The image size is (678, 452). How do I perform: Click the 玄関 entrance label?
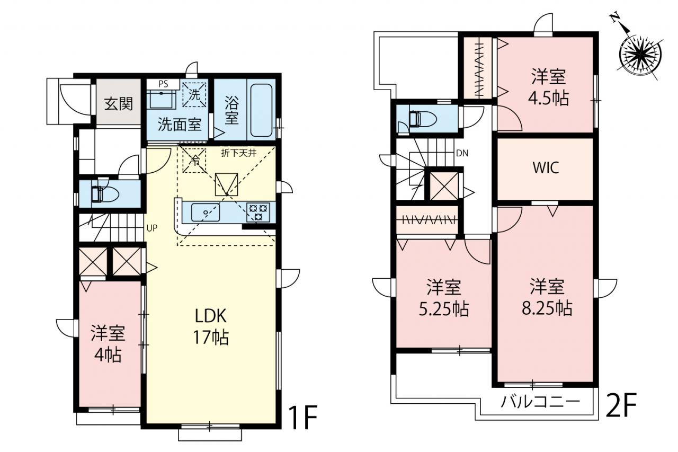[x=118, y=104]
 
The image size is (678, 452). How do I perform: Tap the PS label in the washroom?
[x=163, y=84]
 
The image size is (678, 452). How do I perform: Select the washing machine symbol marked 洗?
[x=194, y=95]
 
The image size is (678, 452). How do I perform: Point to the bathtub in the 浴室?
[x=261, y=111]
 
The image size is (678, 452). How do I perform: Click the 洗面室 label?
[x=180, y=125]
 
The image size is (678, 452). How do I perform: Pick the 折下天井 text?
[x=239, y=153]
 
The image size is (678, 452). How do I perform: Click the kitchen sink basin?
[x=206, y=212]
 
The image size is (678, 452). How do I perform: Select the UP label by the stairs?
[x=151, y=228]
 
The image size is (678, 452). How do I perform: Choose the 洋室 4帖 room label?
[x=108, y=344]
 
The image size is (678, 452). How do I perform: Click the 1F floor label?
[x=302, y=418]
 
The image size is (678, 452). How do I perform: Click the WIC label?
[x=546, y=168]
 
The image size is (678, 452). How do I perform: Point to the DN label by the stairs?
[x=462, y=154]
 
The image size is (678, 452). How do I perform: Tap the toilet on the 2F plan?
[x=422, y=118]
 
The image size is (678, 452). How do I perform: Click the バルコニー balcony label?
[x=540, y=402]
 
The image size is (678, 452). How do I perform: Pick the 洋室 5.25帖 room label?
[x=444, y=298]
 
